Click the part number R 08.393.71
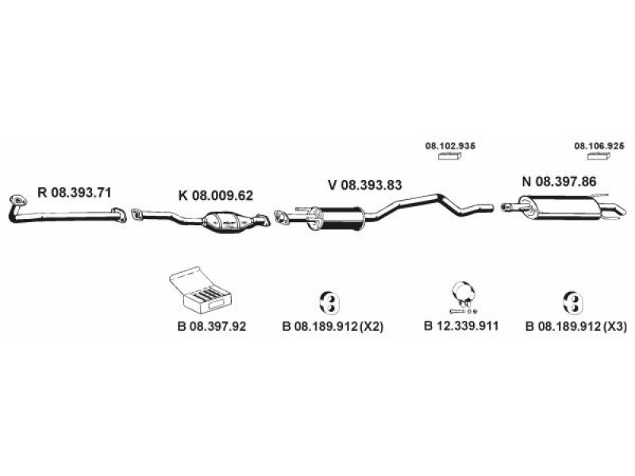click(x=74, y=192)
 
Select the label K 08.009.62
click(x=215, y=195)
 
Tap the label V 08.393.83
click(x=365, y=185)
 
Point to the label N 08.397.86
click(x=560, y=182)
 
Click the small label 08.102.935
click(x=450, y=146)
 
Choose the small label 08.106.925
click(x=599, y=146)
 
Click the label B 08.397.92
click(x=211, y=326)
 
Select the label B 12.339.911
click(x=461, y=326)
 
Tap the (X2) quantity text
click(x=371, y=326)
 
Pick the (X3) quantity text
click(x=614, y=326)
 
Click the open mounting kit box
click(x=201, y=290)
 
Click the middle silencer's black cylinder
click(x=339, y=219)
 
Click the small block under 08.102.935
click(x=449, y=156)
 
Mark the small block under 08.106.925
click(x=599, y=156)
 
